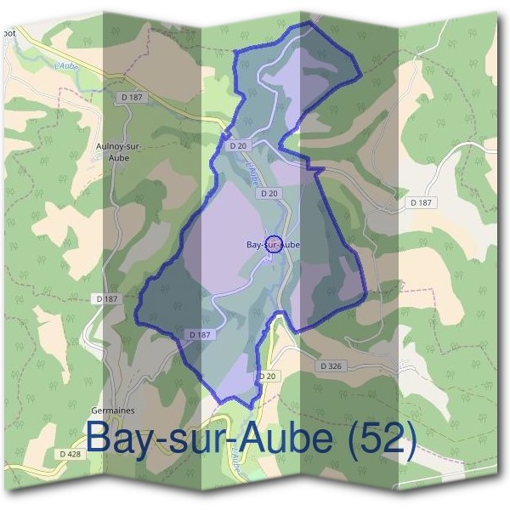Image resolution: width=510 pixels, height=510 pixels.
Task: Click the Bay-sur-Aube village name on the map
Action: (x=273, y=245)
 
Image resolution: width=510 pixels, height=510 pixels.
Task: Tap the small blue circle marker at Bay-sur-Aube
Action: (x=274, y=243)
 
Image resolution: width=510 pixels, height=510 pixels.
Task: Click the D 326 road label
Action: (x=332, y=365)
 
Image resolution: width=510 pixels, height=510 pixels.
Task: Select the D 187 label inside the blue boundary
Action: (x=199, y=335)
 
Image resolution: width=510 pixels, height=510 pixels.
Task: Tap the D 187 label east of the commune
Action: (x=420, y=202)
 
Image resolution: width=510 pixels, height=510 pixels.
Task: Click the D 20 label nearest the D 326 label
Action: (x=267, y=376)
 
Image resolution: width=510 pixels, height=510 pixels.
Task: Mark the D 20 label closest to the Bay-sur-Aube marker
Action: (x=269, y=194)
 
